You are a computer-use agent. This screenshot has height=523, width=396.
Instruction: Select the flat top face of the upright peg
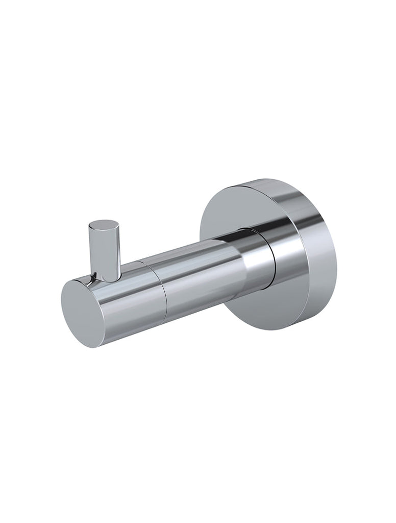104,226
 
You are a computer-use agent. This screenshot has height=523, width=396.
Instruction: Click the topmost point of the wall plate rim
265,179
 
